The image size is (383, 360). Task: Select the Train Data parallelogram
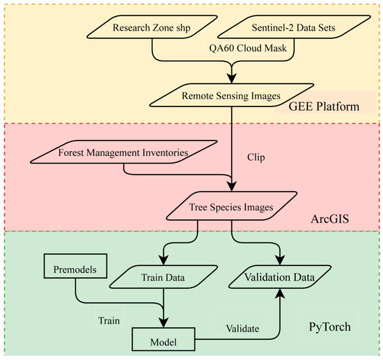click(x=163, y=277)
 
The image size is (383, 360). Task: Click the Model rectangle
click(x=163, y=341)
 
